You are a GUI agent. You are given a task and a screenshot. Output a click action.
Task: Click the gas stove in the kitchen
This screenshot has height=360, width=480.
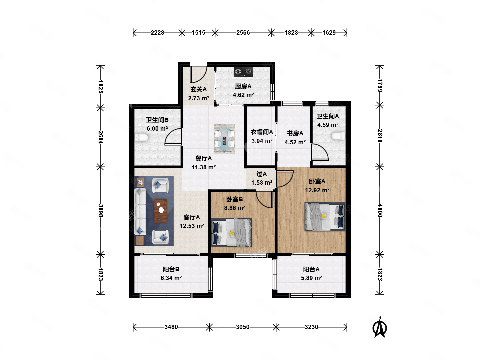tap(243, 72)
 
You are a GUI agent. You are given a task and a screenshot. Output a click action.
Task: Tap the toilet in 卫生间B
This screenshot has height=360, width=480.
tap(142, 137)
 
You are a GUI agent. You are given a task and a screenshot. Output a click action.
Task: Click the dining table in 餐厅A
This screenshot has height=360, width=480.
tap(224, 139)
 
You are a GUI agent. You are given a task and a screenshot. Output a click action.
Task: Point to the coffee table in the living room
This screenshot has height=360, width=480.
tap(160, 211)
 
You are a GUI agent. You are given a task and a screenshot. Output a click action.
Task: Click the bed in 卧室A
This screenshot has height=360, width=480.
tap(325, 217)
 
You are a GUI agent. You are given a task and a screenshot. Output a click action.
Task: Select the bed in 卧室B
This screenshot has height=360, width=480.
tap(231, 233)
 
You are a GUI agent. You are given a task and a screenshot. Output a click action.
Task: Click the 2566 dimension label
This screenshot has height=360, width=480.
tap(243, 33)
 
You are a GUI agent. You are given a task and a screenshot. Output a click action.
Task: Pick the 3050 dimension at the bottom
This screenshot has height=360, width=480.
tap(243, 327)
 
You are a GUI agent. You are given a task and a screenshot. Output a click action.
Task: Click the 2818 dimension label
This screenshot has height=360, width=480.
tap(380, 136)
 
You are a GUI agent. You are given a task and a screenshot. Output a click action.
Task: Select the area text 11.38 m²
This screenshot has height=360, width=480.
tap(204, 167)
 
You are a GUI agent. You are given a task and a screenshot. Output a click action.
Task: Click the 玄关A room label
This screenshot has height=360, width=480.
tap(198, 89)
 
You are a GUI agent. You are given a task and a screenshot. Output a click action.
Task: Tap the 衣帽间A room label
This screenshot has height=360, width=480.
tap(262, 132)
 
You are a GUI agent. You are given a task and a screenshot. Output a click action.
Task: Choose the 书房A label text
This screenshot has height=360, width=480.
tap(295, 133)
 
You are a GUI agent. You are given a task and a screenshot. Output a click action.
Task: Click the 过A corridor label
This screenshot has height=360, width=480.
tap(261, 174)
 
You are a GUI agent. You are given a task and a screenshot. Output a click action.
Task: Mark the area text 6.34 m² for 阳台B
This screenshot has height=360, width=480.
tap(171, 278)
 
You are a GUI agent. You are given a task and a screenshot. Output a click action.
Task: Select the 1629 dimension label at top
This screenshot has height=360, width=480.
tap(329, 33)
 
